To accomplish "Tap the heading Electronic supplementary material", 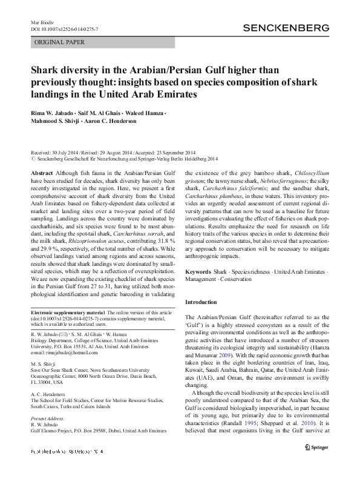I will coord(71,312).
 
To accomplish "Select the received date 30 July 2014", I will coord(71,153).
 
